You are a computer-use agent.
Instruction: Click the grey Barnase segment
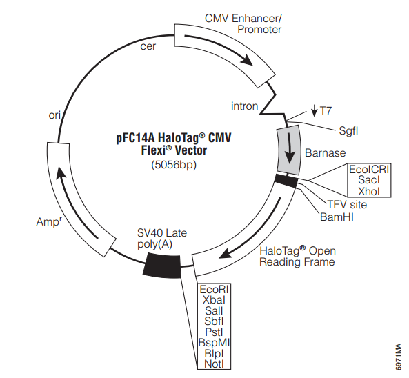(x=289, y=150)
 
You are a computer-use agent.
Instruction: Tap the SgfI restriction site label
(x=348, y=130)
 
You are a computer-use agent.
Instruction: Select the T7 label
(x=326, y=110)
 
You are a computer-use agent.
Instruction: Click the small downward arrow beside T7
(x=315, y=110)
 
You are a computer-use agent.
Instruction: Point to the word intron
(x=244, y=106)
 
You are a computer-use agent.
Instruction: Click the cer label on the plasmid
(x=148, y=46)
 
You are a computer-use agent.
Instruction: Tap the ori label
(x=54, y=115)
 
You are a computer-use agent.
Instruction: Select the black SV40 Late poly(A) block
(x=162, y=266)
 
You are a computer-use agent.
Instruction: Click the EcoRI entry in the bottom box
(x=214, y=289)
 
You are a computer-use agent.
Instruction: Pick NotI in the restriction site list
(x=214, y=364)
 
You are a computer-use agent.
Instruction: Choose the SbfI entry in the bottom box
(x=214, y=321)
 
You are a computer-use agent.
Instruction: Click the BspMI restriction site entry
(x=214, y=343)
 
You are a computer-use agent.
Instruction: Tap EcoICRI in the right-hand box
(x=369, y=169)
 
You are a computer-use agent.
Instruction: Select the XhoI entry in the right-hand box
(x=369, y=191)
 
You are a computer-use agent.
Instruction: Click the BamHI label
(x=337, y=217)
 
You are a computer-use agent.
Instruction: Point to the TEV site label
(x=347, y=205)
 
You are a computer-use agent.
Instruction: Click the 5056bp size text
(x=174, y=165)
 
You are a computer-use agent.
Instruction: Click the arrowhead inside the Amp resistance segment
(x=61, y=173)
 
